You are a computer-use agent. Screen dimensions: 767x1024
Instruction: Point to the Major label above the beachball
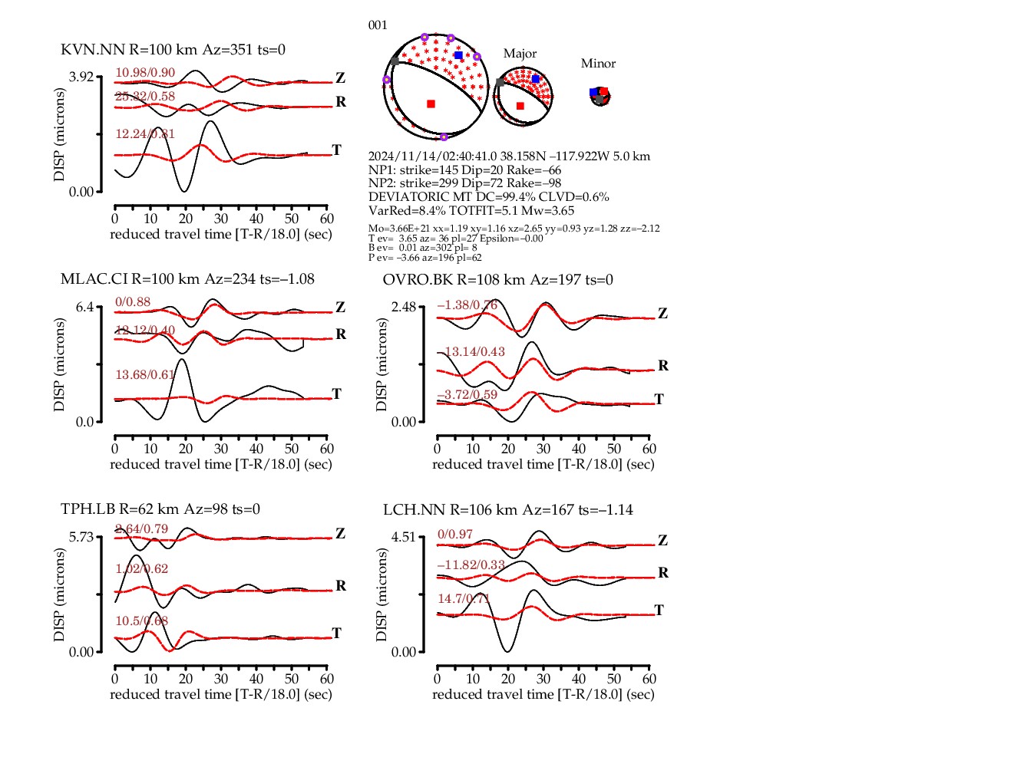tap(520, 54)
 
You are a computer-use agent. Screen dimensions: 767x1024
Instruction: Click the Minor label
tap(598, 64)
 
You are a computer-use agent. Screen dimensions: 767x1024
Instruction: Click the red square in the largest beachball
tap(431, 104)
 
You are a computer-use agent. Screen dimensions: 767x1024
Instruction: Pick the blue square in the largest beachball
tap(458, 55)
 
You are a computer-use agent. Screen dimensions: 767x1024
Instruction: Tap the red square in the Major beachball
tap(520, 106)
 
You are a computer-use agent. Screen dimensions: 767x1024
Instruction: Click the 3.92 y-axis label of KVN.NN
tap(81, 77)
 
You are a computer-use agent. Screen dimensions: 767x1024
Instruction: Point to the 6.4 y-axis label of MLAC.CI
tap(84, 307)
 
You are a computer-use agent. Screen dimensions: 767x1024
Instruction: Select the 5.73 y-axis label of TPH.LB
tap(81, 537)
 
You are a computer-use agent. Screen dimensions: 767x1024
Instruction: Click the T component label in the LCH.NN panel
tap(659, 610)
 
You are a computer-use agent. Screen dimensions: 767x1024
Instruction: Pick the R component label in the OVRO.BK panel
tap(663, 366)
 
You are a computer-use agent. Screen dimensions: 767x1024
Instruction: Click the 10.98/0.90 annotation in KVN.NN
tap(145, 73)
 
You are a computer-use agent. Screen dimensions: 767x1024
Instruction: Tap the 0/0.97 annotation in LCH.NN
tap(455, 535)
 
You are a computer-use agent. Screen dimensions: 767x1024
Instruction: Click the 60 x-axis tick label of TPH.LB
tap(327, 679)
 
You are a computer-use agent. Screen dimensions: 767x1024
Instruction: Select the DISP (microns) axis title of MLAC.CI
tap(60, 364)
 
